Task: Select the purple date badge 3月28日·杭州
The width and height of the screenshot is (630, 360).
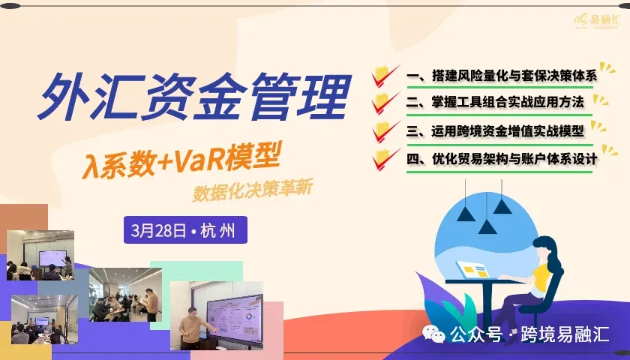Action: pos(184,229)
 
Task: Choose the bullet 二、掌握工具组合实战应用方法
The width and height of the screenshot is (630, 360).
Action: pos(496,101)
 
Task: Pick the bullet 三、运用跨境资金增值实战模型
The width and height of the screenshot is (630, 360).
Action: pos(496,130)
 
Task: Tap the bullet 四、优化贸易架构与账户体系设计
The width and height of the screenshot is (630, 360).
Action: pos(502,158)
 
